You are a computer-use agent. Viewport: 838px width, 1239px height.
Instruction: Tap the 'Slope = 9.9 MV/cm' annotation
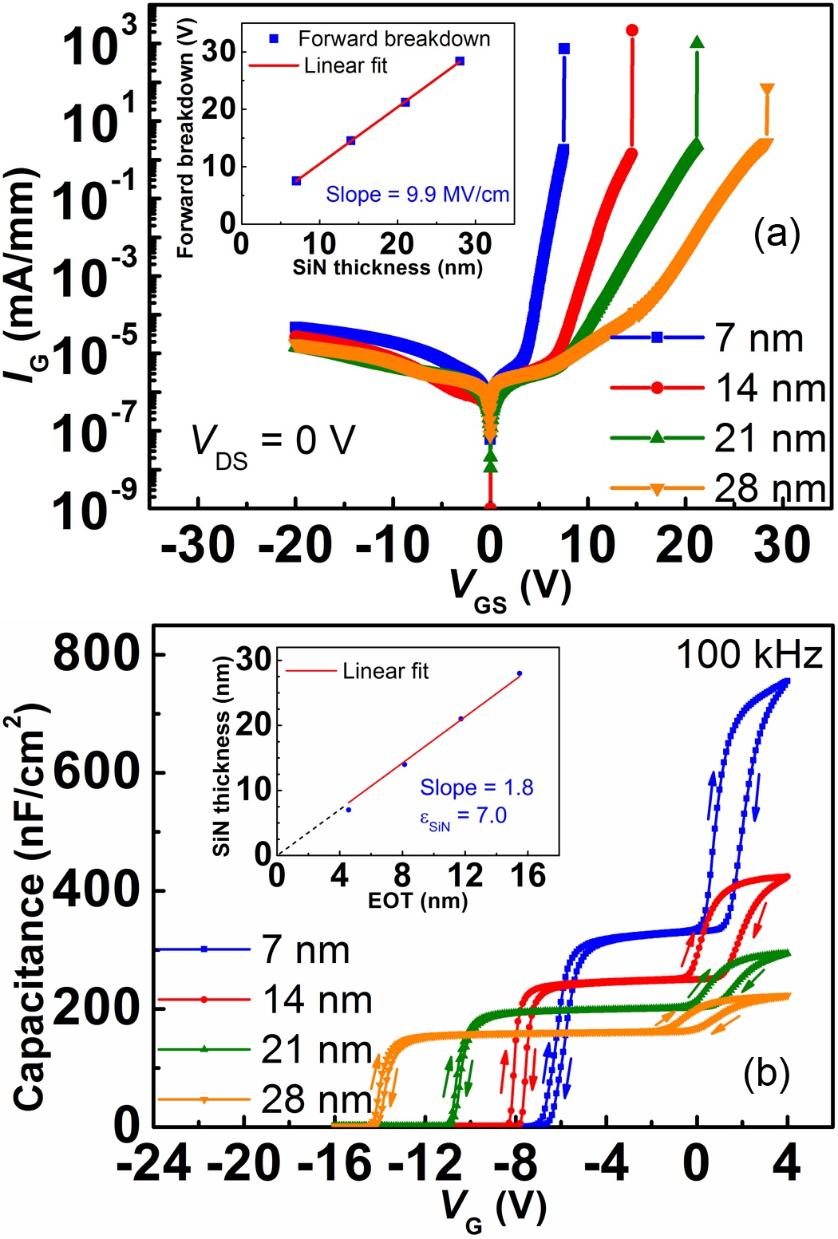point(417,194)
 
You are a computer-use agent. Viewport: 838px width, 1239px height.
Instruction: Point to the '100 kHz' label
point(749,656)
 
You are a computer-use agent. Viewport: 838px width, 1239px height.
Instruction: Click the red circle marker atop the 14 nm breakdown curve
point(632,30)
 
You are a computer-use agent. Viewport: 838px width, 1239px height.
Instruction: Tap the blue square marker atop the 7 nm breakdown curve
point(563,49)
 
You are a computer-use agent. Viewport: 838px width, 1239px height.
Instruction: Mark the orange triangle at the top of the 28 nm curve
point(767,89)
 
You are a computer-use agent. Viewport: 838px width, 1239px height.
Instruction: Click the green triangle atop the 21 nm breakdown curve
point(697,41)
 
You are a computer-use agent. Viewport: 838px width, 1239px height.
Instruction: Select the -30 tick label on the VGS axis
point(198,546)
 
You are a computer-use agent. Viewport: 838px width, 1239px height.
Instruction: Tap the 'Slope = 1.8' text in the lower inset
point(476,787)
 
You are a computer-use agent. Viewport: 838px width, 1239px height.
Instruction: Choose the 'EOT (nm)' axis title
point(417,901)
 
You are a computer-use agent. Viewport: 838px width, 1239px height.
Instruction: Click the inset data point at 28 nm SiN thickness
point(459,61)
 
